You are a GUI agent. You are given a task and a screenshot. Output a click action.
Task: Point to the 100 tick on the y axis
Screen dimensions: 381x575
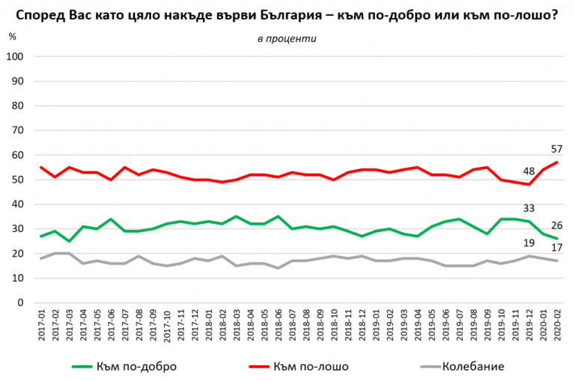[x=16, y=57]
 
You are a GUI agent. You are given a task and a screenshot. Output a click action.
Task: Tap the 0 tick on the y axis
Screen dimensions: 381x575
[x=21, y=302]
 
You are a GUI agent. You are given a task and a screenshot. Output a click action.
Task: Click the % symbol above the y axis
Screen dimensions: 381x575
[x=12, y=35]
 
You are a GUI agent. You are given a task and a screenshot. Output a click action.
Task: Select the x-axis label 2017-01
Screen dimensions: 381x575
[x=41, y=327]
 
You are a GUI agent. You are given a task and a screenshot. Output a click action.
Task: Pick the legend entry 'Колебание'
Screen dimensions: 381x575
[x=472, y=366]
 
